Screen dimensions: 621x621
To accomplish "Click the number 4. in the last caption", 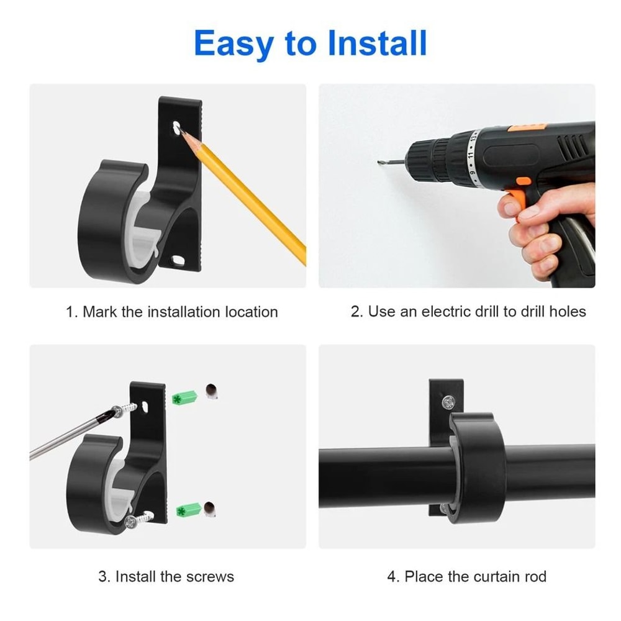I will click(393, 576).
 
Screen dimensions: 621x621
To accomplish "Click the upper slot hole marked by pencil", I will click(178, 127).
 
